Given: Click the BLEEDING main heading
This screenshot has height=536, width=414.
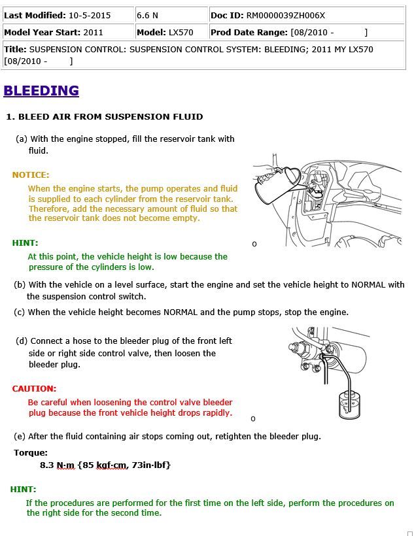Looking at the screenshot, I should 41,91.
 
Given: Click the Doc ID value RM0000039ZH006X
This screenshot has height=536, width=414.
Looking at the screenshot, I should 286,15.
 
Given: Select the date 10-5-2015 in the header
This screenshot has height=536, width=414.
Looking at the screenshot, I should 90,15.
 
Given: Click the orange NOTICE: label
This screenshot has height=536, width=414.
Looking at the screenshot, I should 31,175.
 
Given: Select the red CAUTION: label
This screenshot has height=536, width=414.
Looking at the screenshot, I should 34,388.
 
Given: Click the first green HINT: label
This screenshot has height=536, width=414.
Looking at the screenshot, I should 25,243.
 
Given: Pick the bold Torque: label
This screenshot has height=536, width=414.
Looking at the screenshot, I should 31,452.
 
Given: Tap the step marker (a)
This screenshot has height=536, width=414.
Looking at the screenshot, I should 22,139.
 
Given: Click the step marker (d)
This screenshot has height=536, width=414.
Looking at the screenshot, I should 22,341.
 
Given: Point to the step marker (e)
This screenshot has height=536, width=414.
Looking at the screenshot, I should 20,436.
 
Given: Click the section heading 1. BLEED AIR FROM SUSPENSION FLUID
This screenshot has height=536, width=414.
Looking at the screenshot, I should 105,117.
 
